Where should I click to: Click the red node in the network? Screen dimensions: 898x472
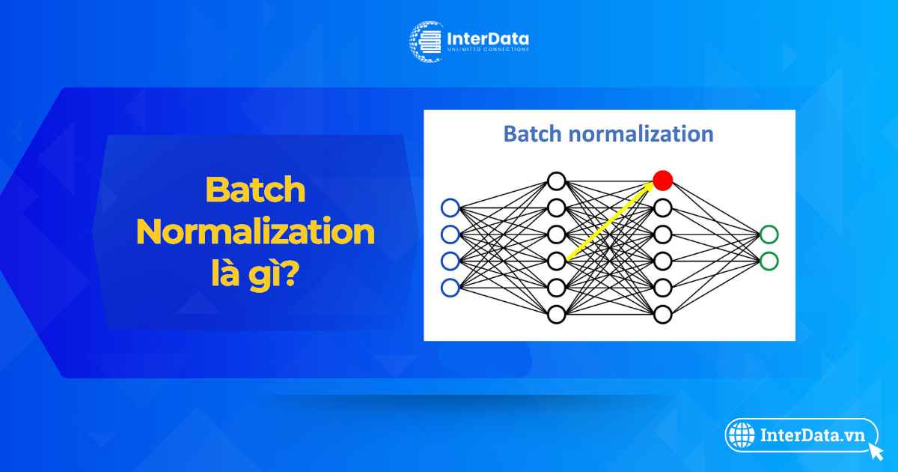(663, 181)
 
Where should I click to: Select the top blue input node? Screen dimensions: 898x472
(450, 208)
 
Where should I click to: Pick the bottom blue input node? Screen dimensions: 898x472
(450, 288)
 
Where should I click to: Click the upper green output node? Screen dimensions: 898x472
(769, 235)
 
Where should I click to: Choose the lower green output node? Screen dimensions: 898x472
(769, 261)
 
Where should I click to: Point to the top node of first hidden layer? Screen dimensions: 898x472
(557, 181)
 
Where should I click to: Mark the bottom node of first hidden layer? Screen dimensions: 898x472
(557, 314)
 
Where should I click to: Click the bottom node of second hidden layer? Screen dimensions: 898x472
(663, 314)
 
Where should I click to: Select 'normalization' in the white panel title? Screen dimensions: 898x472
(641, 133)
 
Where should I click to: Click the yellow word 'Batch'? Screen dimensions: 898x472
(255, 190)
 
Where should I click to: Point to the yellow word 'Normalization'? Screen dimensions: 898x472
(255, 232)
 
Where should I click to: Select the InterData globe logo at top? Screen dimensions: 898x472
(426, 42)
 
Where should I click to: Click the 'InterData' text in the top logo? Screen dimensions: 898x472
(487, 39)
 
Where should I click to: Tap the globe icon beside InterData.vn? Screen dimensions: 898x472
(742, 435)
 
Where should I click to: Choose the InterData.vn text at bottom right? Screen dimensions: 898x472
(813, 435)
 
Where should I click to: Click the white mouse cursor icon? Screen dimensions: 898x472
(876, 451)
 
